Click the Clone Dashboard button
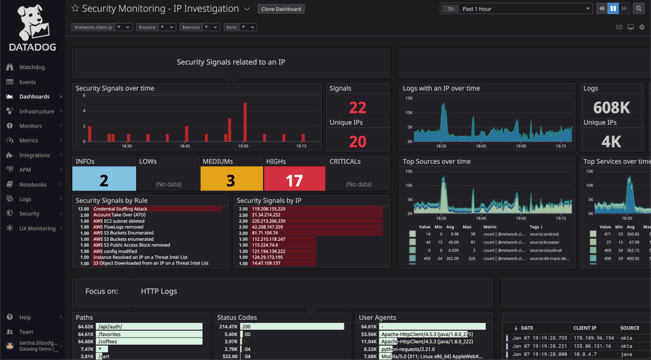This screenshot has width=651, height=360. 281,9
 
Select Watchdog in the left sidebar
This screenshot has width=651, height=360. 31,67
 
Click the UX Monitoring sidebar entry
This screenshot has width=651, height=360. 37,228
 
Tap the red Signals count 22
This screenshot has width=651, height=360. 357,107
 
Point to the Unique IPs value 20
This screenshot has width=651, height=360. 357,141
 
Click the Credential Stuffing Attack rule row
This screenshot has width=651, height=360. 120,209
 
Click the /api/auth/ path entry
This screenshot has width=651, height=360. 109,326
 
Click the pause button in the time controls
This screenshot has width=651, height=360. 613,9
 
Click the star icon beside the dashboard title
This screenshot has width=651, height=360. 75,9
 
